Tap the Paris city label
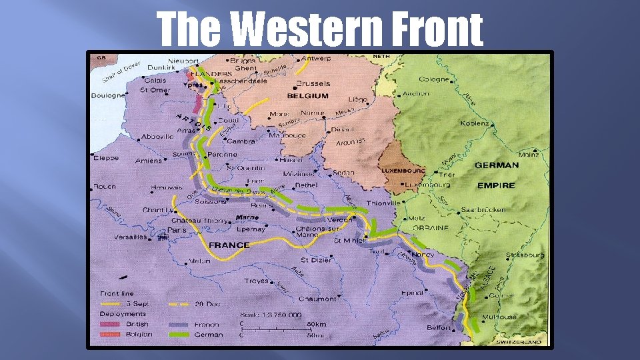177,231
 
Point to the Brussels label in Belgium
313,84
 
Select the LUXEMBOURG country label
403,171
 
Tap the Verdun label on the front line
340,220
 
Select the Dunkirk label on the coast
161,67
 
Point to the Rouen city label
105,186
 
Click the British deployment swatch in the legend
111,324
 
